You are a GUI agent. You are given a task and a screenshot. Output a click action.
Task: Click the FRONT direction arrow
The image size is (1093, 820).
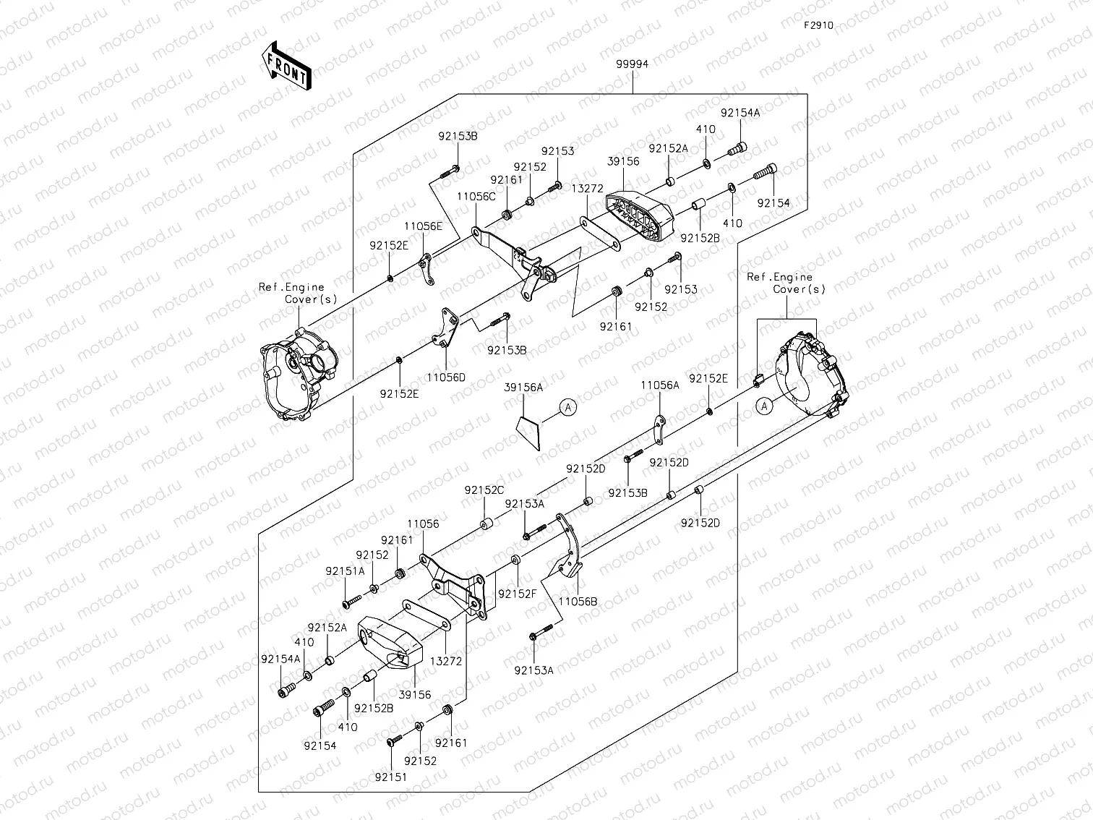(x=287, y=65)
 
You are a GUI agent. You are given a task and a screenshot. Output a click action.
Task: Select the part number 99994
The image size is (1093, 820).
(x=632, y=64)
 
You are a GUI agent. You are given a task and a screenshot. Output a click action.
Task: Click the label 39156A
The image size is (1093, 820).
(x=523, y=388)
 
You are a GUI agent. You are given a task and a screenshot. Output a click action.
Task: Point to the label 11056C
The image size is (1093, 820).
(x=476, y=196)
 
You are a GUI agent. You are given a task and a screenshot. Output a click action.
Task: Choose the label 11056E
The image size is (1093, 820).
(x=423, y=226)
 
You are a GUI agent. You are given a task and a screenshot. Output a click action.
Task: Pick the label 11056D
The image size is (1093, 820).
(x=445, y=377)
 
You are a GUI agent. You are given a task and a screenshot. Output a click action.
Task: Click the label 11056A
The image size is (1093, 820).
(x=659, y=386)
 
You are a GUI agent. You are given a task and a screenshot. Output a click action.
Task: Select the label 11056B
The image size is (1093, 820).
(x=578, y=600)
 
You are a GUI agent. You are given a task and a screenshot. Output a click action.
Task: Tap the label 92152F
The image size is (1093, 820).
(x=517, y=594)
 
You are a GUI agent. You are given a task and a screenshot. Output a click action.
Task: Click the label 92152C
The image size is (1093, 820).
(x=484, y=490)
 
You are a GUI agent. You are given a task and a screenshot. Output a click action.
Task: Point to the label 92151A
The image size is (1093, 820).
(x=345, y=571)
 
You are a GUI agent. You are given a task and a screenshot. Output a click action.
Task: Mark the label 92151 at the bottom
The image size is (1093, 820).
(x=390, y=777)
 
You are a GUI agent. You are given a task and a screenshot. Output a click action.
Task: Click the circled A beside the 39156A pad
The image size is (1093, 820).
(x=568, y=408)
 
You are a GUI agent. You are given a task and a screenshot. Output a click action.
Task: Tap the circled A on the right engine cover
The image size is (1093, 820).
(x=765, y=406)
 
